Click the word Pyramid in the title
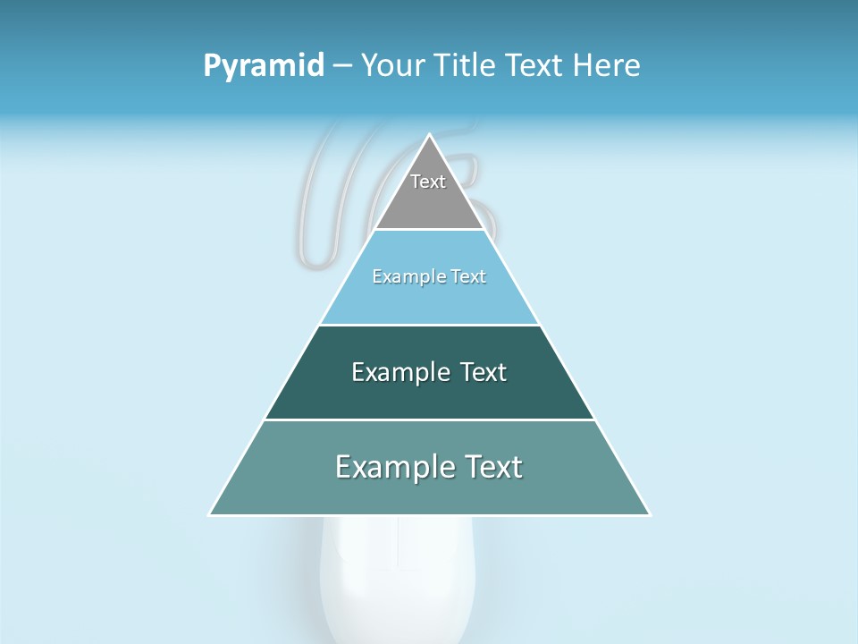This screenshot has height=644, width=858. coord(263,66)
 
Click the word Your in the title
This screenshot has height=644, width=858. coord(391,66)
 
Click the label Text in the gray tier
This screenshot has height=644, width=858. coord(428,182)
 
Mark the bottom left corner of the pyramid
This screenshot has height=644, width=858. coord(210,514)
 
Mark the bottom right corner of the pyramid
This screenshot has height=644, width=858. coord(649,514)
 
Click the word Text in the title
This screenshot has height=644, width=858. coord(535,66)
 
